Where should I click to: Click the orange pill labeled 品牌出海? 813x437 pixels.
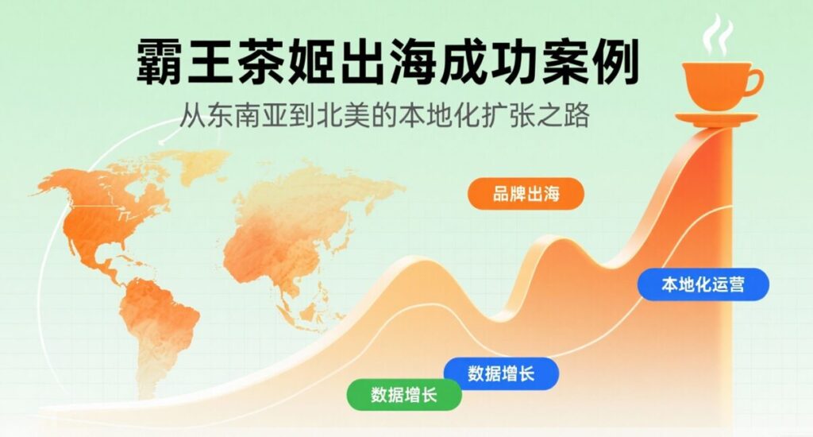526,194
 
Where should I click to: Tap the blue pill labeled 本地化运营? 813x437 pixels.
703,284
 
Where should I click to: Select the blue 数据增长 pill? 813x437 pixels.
501,373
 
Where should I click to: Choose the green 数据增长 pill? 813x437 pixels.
404,395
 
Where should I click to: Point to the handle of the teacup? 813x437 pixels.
757,83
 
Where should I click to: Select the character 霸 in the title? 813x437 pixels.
160,61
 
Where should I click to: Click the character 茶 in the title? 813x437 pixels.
260,61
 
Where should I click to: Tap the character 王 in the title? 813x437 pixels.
210,61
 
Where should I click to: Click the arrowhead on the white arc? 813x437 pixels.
163,141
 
